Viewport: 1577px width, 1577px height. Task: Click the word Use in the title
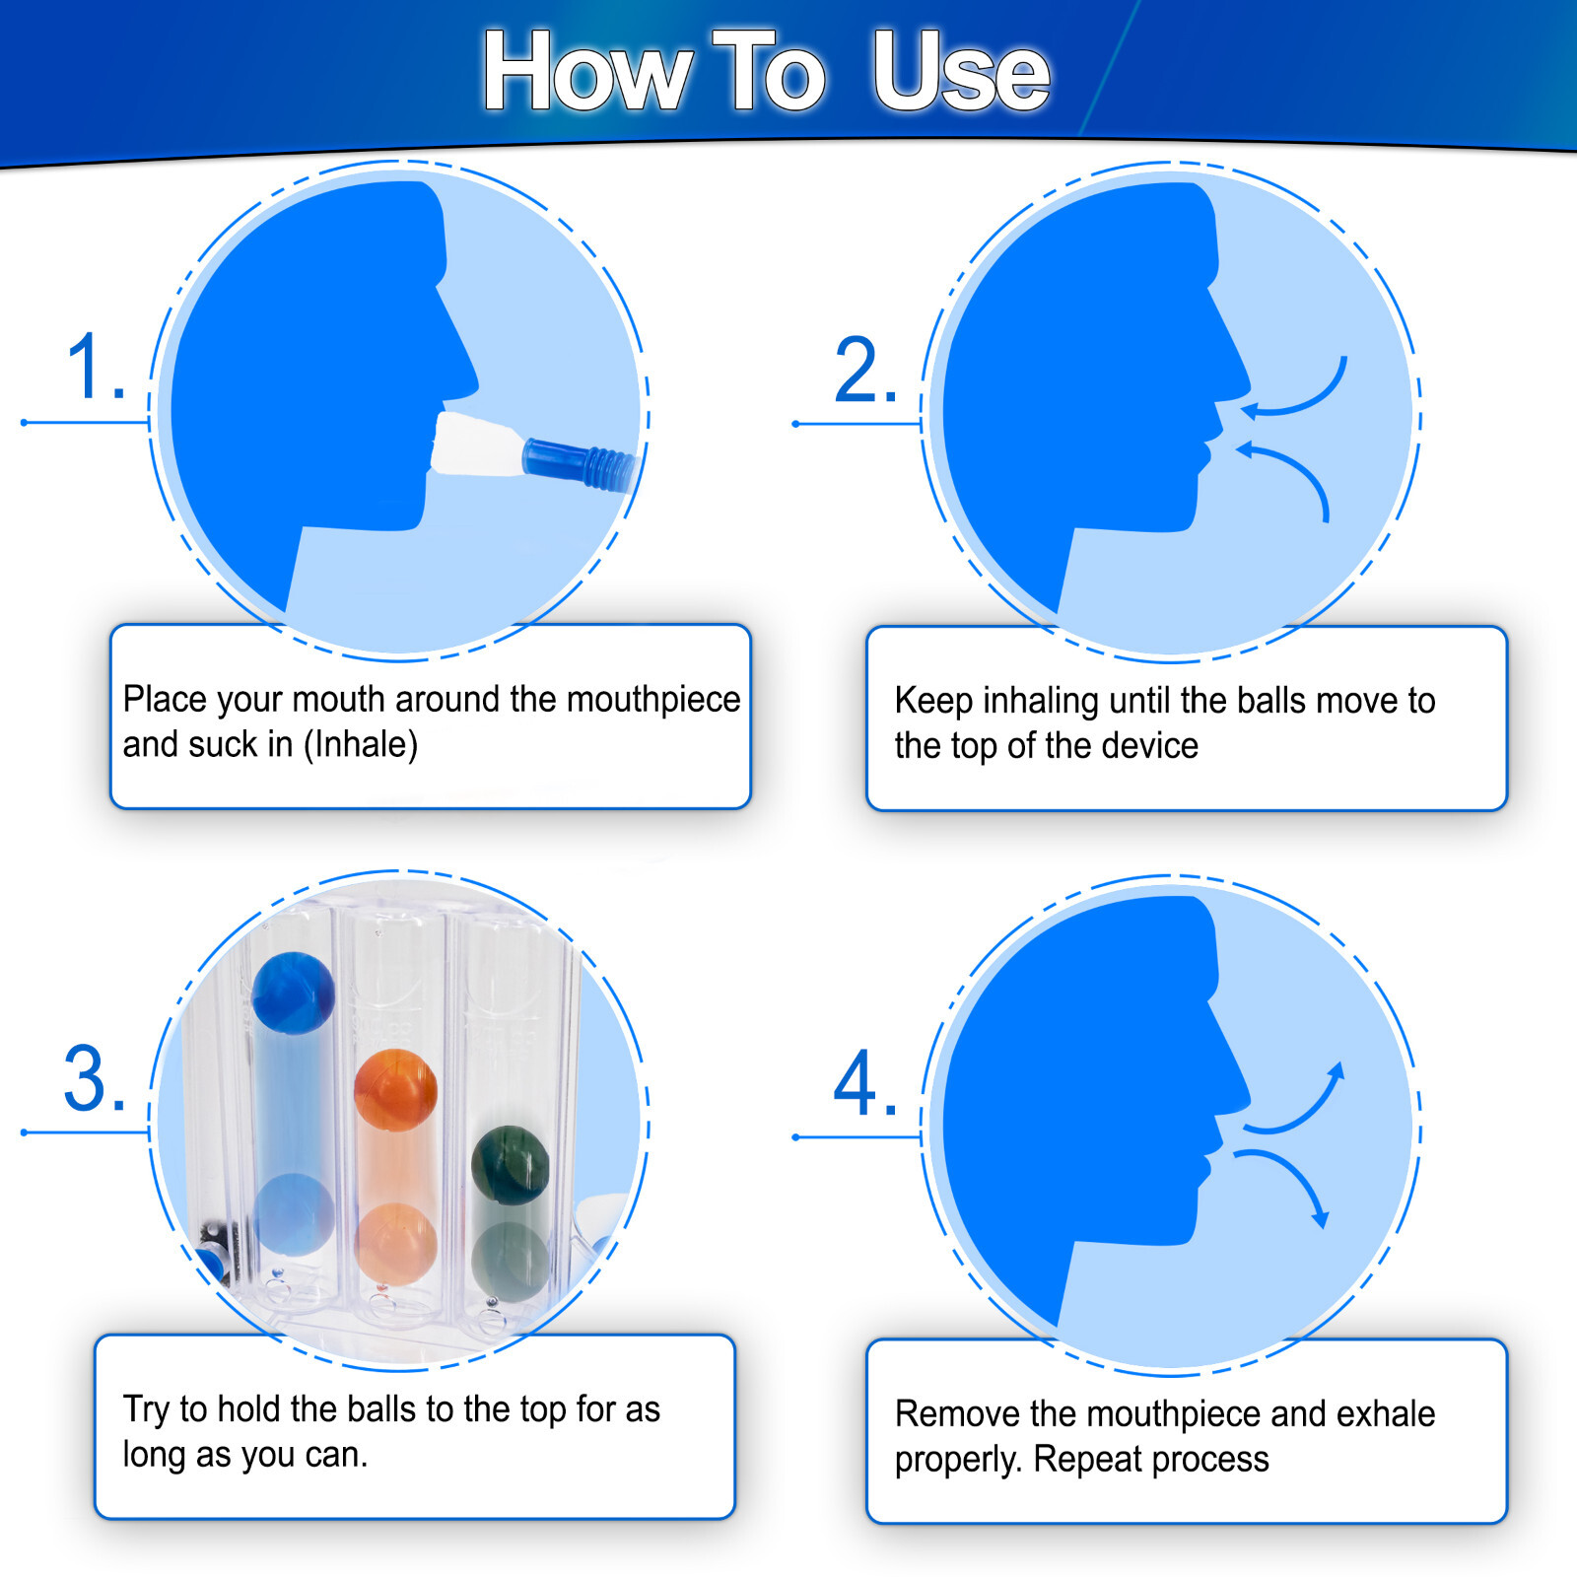(961, 71)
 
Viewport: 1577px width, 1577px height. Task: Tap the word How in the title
(587, 71)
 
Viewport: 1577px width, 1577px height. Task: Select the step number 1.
(95, 367)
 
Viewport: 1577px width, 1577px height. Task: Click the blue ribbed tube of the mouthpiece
(580, 464)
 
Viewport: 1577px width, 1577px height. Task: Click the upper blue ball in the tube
(293, 993)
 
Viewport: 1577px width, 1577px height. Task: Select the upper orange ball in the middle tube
(395, 1089)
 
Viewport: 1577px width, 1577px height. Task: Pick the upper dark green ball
(510, 1165)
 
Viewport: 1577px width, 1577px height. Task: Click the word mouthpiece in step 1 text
(652, 700)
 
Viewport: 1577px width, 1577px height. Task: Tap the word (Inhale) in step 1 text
(360, 744)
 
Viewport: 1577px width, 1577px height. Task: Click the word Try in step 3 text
(146, 1410)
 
